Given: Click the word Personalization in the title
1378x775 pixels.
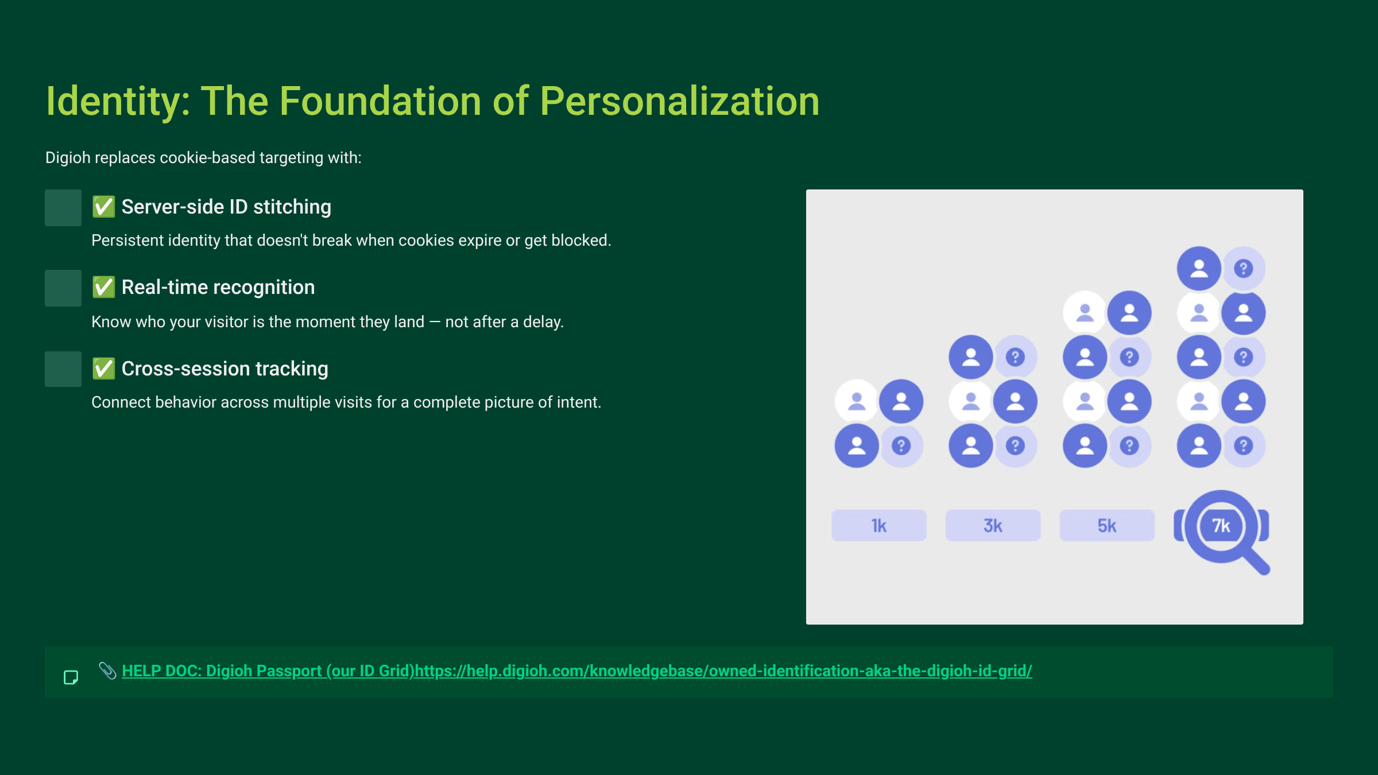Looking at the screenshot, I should (x=679, y=102).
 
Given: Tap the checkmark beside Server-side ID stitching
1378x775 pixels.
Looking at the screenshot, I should (x=104, y=207).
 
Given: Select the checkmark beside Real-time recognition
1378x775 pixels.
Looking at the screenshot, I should (x=104, y=287).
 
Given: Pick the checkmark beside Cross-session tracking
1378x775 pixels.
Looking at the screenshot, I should (x=104, y=369).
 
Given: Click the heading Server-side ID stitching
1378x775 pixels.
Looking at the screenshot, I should (x=226, y=207).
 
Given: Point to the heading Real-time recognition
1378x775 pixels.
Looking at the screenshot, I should (x=218, y=287).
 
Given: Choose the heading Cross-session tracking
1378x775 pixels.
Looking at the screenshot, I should (x=224, y=369).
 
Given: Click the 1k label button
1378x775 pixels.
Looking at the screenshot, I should (x=878, y=525).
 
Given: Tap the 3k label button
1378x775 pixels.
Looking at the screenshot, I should (x=993, y=525).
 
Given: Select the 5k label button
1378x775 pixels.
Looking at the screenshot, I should (x=1106, y=525).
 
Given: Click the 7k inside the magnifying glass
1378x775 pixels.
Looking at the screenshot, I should (x=1221, y=525).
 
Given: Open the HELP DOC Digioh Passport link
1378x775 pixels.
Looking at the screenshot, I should (x=576, y=671).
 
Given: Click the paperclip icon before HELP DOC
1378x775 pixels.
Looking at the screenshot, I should (x=107, y=670).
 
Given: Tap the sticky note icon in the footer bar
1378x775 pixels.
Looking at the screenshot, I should (x=71, y=677).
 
